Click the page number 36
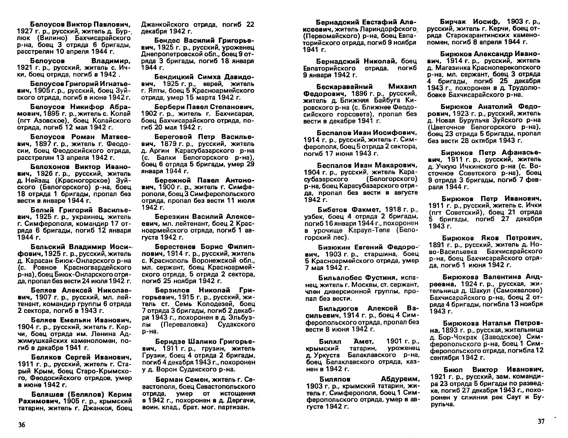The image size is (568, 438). [22, 425]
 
